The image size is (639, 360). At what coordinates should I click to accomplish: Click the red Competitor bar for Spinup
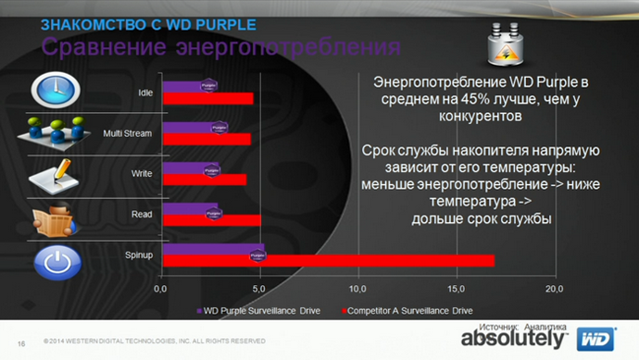329,260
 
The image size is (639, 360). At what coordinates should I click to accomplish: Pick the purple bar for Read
190,209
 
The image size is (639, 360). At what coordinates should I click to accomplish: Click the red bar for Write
204,180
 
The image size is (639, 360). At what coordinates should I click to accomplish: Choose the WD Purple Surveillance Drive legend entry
260,310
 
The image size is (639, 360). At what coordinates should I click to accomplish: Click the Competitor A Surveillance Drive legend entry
408,310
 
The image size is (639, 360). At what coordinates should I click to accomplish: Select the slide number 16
20,341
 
